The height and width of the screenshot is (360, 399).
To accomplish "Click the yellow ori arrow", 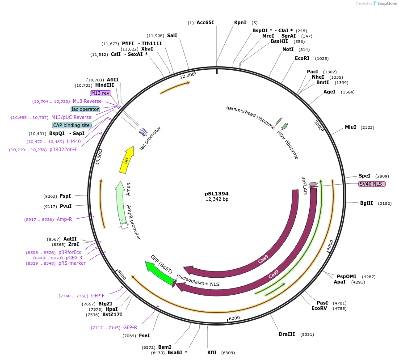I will coord(126,160).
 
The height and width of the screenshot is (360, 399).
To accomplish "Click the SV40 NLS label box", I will coord(372,184).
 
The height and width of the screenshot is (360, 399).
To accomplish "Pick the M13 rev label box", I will coord(100,93).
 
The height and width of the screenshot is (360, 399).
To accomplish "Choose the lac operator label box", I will coord(85,109).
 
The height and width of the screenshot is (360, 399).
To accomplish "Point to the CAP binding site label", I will coord(71,125).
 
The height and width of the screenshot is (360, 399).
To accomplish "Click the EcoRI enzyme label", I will coord(302,58).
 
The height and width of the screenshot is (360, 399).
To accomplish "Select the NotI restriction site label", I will coord(288,49).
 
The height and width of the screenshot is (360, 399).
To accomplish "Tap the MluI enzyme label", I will coord(351,127).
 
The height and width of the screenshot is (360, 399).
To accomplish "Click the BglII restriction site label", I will coord(366,203).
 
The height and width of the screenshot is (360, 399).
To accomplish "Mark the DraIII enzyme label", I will coord(287,334).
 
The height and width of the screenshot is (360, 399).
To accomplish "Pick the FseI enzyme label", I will coord(144,335).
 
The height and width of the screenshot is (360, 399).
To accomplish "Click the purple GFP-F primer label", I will coord(98,296).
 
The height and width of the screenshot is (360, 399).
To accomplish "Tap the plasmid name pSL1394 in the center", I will coord(217,194).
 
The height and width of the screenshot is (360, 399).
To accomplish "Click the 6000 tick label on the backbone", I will coord(234,318).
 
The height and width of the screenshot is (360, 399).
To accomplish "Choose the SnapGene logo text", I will coord(386,4).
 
